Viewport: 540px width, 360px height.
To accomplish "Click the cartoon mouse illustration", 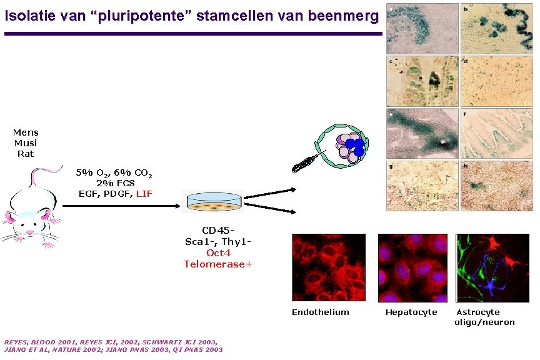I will point(31,206).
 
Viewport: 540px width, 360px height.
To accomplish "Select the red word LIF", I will point(144,194).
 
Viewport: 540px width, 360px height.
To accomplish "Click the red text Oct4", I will point(218,253).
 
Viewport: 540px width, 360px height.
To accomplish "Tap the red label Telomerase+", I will point(218,264).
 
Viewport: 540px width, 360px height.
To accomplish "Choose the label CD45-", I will point(218,231).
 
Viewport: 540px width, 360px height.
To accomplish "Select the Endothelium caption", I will point(320,312).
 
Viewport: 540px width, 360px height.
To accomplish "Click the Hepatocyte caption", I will point(411,312).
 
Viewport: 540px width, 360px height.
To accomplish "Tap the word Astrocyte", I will point(478,312).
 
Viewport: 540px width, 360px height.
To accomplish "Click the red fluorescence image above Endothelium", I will point(329,267).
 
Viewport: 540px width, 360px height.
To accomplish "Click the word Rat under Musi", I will point(26,153).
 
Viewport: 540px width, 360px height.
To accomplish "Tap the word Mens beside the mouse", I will point(26,132).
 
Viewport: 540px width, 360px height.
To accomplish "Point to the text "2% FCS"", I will point(116,183).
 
